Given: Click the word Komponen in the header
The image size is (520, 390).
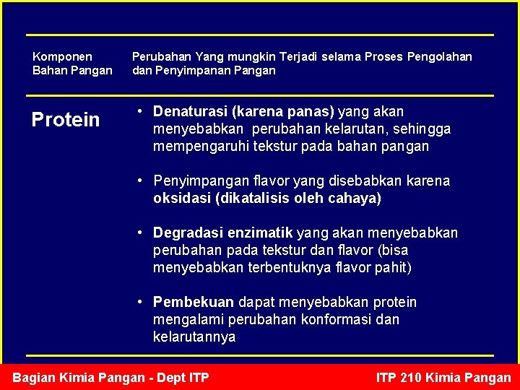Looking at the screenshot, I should pyautogui.click(x=63, y=56).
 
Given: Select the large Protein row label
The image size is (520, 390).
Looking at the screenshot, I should pyautogui.click(x=66, y=120).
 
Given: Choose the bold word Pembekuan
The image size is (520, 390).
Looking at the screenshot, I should pyautogui.click(x=194, y=302).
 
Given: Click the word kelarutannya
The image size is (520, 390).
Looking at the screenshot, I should pyautogui.click(x=194, y=337).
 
